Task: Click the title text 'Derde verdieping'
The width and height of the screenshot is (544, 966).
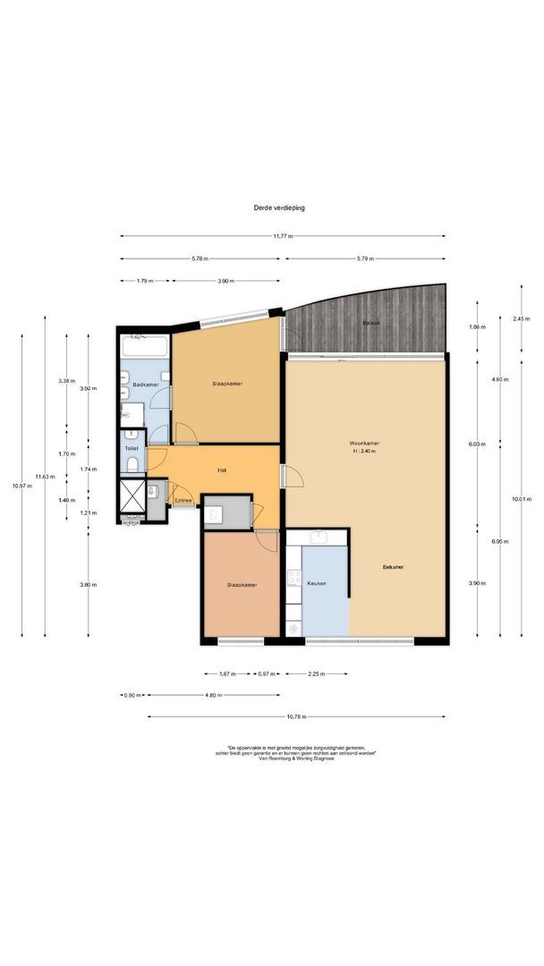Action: pyautogui.click(x=278, y=207)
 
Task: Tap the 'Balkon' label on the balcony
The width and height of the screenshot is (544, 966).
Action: pyautogui.click(x=370, y=322)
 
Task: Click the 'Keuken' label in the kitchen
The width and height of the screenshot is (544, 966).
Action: pyautogui.click(x=317, y=583)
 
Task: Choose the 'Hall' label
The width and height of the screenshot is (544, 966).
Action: pyautogui.click(x=221, y=470)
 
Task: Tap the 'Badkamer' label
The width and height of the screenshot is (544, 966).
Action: pyautogui.click(x=145, y=385)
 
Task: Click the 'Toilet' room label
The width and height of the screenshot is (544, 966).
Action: pyautogui.click(x=132, y=449)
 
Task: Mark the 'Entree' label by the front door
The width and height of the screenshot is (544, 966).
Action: pyautogui.click(x=183, y=500)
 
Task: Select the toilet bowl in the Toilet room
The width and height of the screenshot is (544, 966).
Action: pyautogui.click(x=132, y=463)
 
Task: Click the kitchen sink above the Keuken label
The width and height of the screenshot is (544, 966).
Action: pyautogui.click(x=319, y=537)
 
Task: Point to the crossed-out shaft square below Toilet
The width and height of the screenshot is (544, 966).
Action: pyautogui.click(x=131, y=497)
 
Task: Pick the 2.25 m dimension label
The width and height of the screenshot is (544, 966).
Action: pyautogui.click(x=316, y=674)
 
